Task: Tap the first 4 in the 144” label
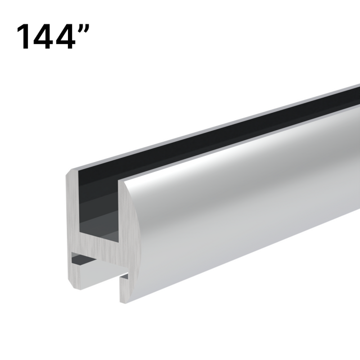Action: (45, 36)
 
